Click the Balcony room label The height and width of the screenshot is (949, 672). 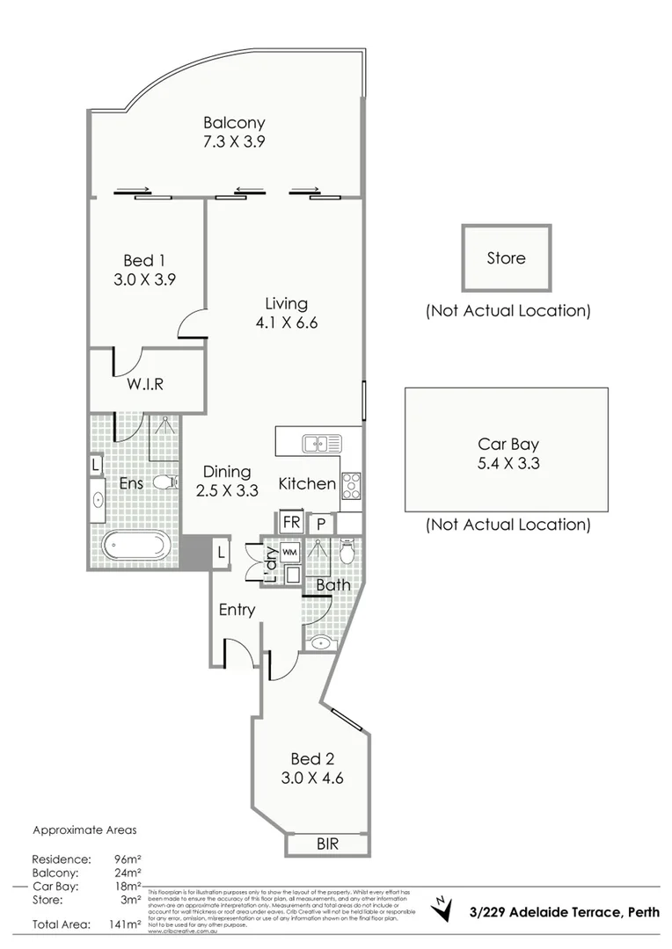tap(234, 123)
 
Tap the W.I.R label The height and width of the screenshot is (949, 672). tap(145, 384)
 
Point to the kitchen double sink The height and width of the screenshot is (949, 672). tap(317, 444)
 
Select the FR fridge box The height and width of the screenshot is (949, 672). tap(291, 522)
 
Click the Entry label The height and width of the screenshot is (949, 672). tap(237, 610)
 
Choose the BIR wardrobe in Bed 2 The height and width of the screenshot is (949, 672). tap(326, 844)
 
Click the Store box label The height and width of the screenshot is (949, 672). tap(507, 258)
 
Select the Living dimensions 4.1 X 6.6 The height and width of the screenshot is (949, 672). tap(287, 322)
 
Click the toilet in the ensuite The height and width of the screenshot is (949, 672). tap(164, 482)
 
